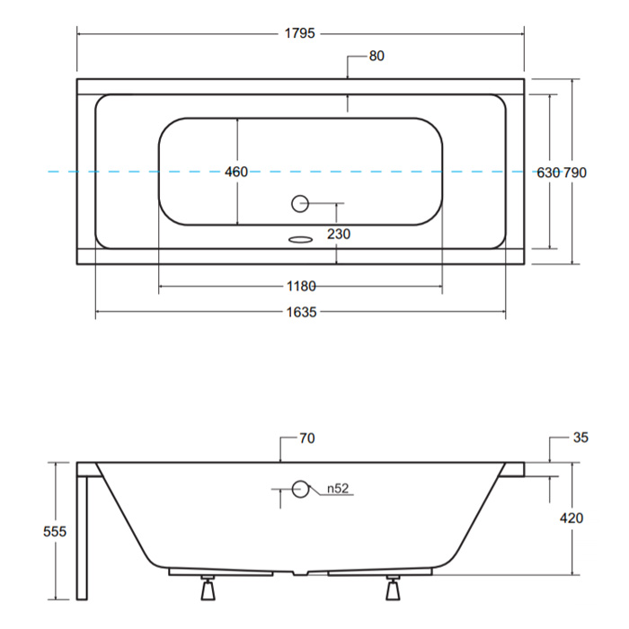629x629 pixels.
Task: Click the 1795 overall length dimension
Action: [x=299, y=33]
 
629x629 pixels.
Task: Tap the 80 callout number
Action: [x=377, y=56]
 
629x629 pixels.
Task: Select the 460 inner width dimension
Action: [x=235, y=172]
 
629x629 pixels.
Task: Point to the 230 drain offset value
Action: [x=339, y=234]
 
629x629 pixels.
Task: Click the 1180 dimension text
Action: [x=301, y=286]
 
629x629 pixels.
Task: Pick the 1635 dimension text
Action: [x=301, y=312]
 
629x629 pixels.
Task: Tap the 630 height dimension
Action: [x=548, y=173]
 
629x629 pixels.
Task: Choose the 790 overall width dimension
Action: [x=575, y=173]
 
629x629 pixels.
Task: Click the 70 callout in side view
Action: [x=307, y=439]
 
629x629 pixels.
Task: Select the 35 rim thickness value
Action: [x=580, y=438]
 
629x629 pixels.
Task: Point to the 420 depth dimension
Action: [x=571, y=518]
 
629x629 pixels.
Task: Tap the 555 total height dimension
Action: [x=55, y=532]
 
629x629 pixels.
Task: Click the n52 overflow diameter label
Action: [x=338, y=489]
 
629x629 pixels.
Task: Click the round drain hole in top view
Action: [x=299, y=204]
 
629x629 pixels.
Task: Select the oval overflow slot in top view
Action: [x=300, y=240]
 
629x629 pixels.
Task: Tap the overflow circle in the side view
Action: [x=300, y=489]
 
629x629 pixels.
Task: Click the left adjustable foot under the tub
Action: [x=208, y=588]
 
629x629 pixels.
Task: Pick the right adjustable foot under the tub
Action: [x=394, y=588]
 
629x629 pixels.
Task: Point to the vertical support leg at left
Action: [x=82, y=537]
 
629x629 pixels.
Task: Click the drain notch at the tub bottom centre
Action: [x=300, y=573]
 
